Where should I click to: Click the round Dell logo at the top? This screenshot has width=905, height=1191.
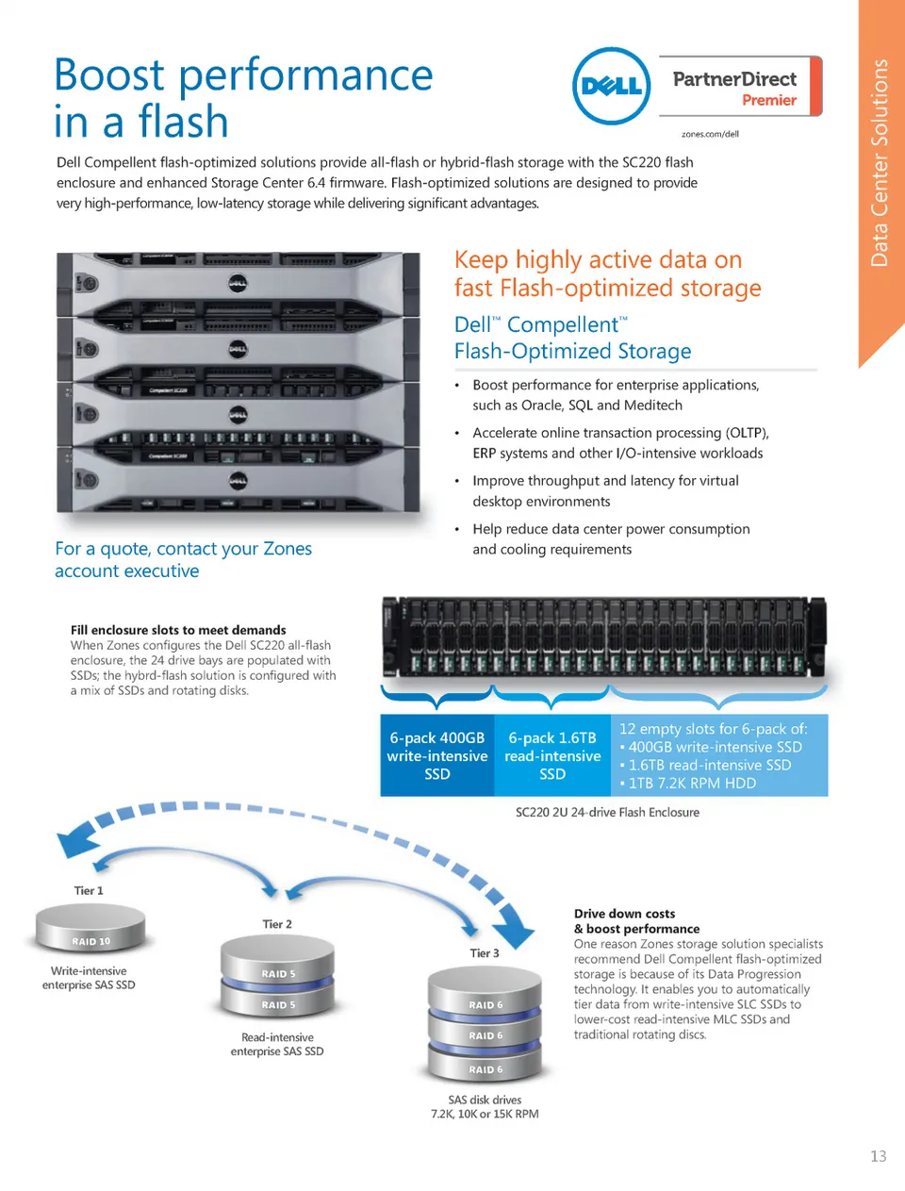coord(612,86)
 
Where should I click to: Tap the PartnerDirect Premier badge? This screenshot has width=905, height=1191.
coord(739,88)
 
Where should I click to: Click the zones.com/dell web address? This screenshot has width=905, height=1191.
coord(710,134)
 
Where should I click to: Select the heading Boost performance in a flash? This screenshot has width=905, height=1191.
coord(243,98)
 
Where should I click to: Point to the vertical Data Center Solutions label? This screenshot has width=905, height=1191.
coord(880,163)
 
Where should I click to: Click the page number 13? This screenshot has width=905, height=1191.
coord(878,1156)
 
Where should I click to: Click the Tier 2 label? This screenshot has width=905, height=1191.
coord(277,924)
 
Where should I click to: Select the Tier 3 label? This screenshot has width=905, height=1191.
coord(485,953)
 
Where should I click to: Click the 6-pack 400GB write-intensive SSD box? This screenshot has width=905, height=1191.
coord(436,755)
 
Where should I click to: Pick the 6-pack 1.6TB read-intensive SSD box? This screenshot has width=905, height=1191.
coord(552,755)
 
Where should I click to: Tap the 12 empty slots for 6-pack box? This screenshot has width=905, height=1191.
coord(719,755)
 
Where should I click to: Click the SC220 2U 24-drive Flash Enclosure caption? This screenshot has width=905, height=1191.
coord(607,812)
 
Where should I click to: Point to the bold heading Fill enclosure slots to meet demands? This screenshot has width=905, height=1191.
coord(178,630)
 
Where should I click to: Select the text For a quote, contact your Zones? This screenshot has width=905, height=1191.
coord(183,549)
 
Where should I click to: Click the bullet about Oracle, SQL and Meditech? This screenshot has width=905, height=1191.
coord(616,395)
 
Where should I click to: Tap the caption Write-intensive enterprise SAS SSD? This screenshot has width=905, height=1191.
coord(89,978)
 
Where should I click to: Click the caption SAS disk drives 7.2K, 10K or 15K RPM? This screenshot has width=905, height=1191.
coord(485,1107)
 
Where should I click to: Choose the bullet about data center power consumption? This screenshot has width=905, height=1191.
coord(611,539)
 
